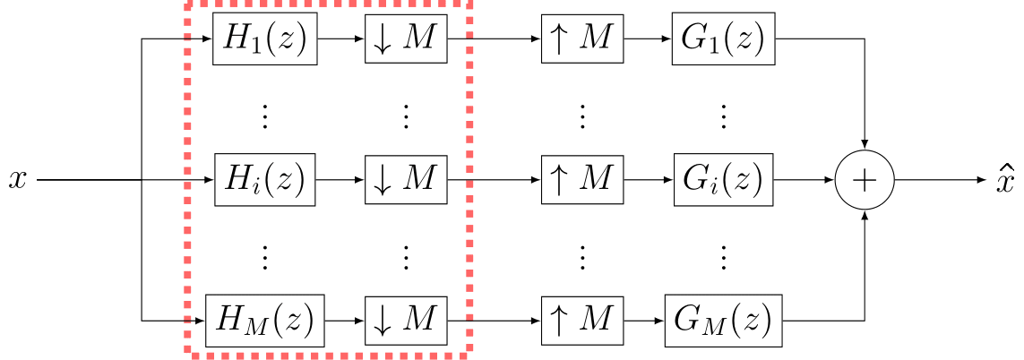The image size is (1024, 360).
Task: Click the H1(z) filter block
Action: point(265,40)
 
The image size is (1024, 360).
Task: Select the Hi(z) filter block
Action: point(265,179)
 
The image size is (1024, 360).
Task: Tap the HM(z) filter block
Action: point(264,319)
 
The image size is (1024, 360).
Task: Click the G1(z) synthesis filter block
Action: point(724,40)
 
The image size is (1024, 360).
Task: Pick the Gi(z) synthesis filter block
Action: point(724,179)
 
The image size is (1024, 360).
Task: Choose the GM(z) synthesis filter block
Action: point(723,319)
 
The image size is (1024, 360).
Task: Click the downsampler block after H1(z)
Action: point(406,40)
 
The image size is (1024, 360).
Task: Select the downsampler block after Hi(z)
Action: point(406,179)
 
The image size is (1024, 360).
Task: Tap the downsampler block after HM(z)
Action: point(406,319)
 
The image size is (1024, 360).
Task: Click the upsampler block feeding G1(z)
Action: point(581,40)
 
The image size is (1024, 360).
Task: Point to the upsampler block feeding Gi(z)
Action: point(581,179)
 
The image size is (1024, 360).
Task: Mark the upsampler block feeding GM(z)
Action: point(581,319)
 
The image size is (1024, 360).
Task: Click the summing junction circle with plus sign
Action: point(864,179)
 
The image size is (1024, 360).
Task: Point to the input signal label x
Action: point(16,180)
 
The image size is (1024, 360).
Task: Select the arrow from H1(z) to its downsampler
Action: point(341,40)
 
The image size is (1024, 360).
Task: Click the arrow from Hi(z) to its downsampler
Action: point(341,179)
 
